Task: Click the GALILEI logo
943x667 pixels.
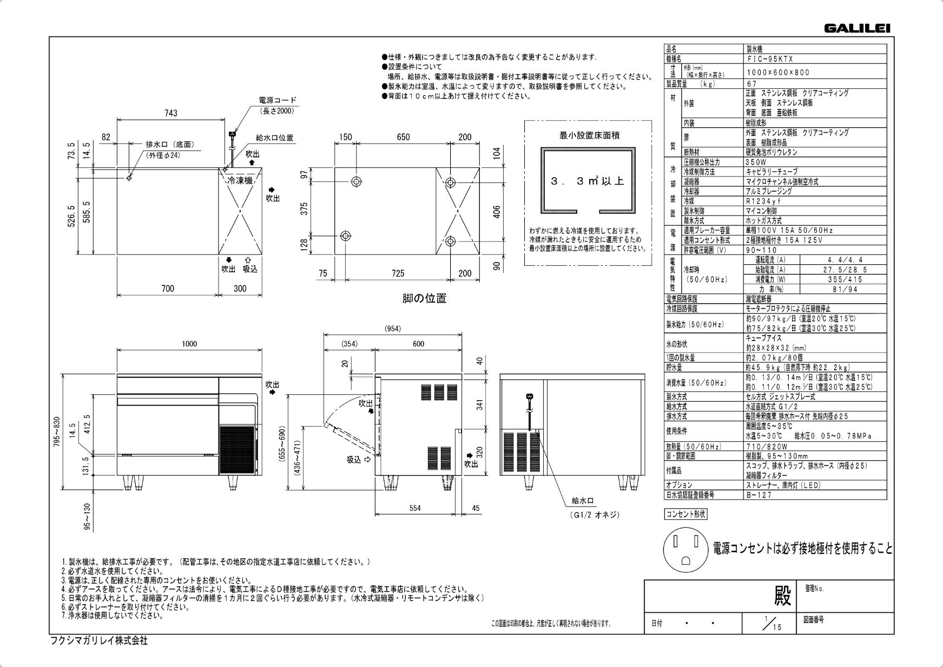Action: point(857,29)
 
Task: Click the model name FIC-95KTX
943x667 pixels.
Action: point(769,59)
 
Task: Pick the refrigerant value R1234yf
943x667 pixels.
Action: point(763,201)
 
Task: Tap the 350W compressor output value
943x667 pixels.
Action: point(756,162)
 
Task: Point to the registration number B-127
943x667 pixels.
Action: point(759,495)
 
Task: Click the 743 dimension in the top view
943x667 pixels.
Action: point(171,113)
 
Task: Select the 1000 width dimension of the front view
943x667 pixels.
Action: point(189,344)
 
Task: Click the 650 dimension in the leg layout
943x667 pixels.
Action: point(403,138)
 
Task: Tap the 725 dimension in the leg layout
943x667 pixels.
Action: point(398,273)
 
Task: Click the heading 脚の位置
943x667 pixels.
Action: point(424,298)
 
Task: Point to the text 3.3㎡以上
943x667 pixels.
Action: point(588,181)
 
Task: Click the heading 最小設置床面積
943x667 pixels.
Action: point(589,135)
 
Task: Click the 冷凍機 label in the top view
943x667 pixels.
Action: point(240,181)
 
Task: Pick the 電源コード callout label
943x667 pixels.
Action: point(278,101)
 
